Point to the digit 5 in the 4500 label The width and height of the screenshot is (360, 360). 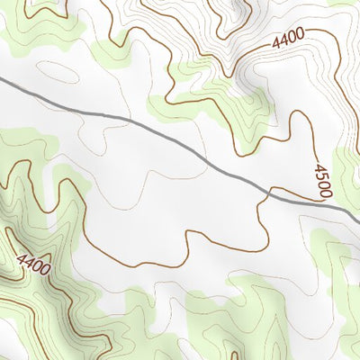tap(321, 175)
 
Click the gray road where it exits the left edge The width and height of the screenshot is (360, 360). tap(3, 81)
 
